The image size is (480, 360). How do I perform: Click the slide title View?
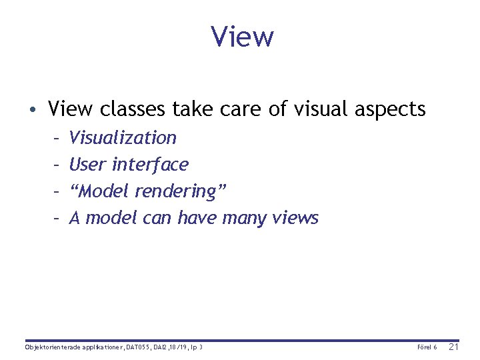point(242,37)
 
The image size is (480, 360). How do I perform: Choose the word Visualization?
point(123,138)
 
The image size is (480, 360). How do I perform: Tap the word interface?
point(150,164)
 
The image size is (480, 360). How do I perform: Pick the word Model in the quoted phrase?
point(105,191)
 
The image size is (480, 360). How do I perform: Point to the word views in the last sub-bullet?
point(296,218)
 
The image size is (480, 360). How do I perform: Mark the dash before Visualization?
point(57,138)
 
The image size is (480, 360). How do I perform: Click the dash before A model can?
point(57,218)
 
